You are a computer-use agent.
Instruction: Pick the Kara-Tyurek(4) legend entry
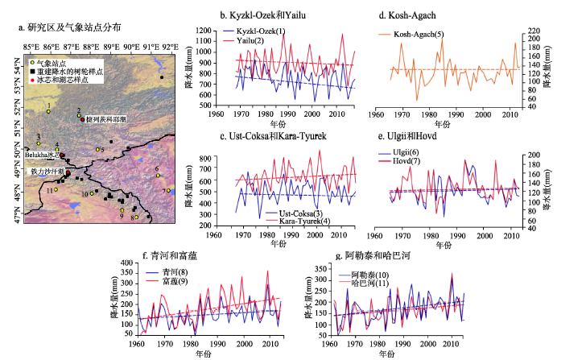coord(298,221)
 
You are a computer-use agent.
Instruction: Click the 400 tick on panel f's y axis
coord(126,264)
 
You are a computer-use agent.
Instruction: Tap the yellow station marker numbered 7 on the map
coord(166,191)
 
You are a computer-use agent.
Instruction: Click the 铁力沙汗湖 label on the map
coord(46,172)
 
